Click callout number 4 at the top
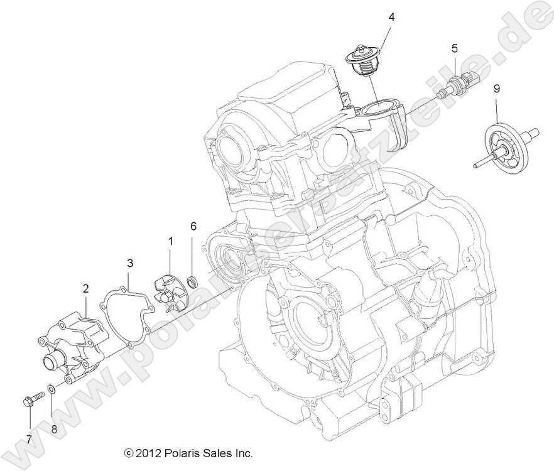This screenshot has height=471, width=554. pyautogui.click(x=391, y=17)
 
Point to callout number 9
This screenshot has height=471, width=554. pyautogui.click(x=496, y=89)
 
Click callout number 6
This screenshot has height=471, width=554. pyautogui.click(x=193, y=225)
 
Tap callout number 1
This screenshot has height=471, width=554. pyautogui.click(x=170, y=240)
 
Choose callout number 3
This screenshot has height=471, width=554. pyautogui.click(x=129, y=261)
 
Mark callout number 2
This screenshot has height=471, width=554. pyautogui.click(x=85, y=288)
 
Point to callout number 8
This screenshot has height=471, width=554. pyautogui.click(x=54, y=430)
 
